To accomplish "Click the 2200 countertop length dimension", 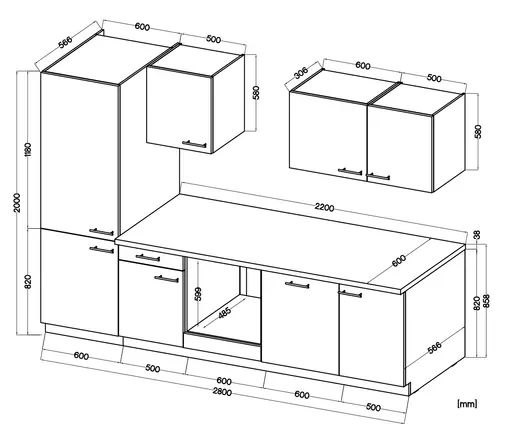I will [x=323, y=207].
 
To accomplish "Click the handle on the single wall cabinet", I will [x=195, y=143].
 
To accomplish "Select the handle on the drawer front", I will [x=147, y=258].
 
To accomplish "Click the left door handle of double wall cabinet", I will [x=350, y=172].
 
